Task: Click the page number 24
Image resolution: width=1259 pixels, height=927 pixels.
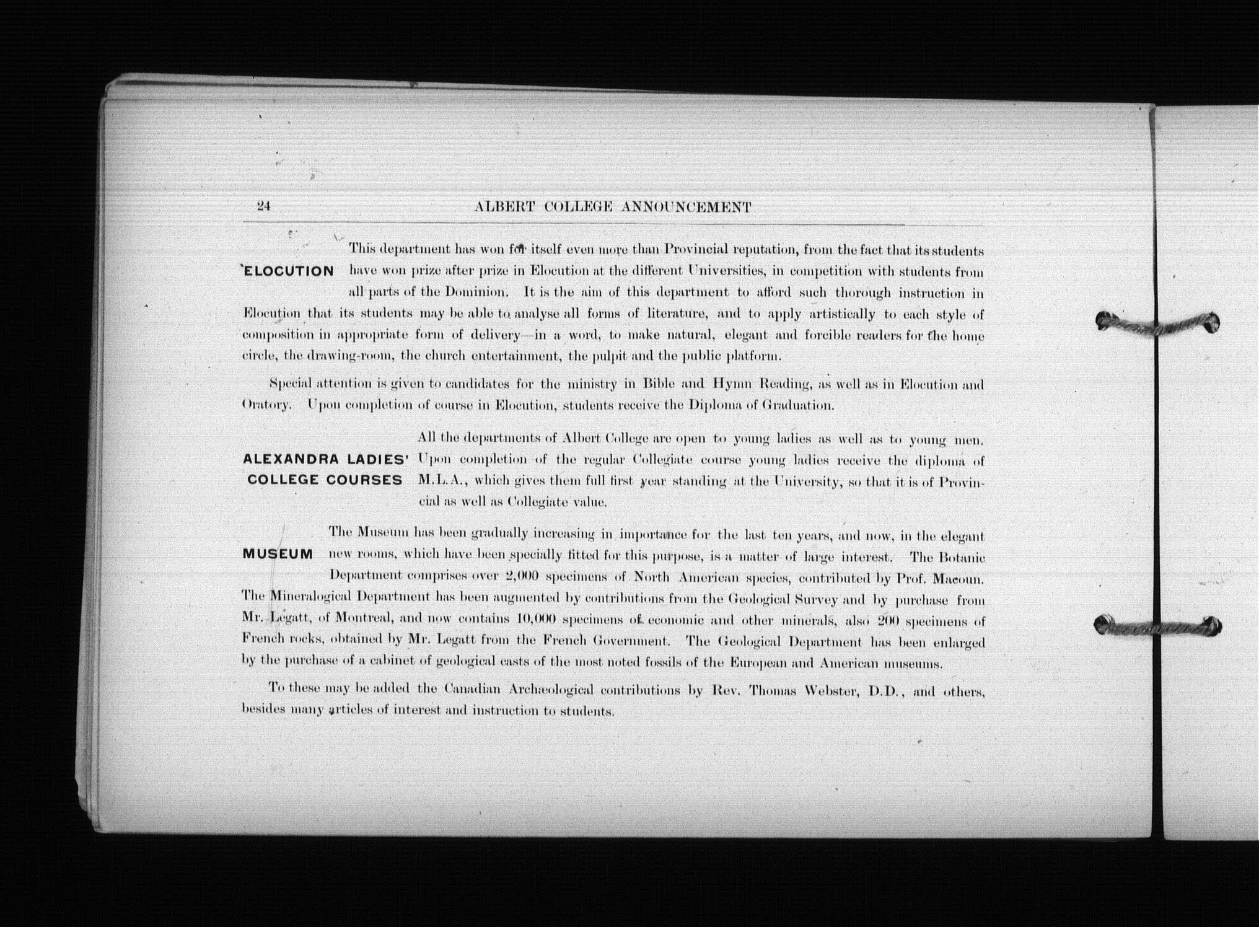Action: click(x=264, y=206)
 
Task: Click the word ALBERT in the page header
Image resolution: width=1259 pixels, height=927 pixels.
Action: click(x=504, y=208)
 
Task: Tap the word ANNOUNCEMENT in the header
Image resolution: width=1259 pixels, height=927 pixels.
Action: click(x=686, y=208)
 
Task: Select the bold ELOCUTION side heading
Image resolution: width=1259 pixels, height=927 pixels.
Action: click(x=289, y=271)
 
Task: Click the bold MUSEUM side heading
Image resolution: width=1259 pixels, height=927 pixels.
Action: click(x=278, y=554)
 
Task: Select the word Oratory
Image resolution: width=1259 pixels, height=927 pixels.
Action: click(x=265, y=405)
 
